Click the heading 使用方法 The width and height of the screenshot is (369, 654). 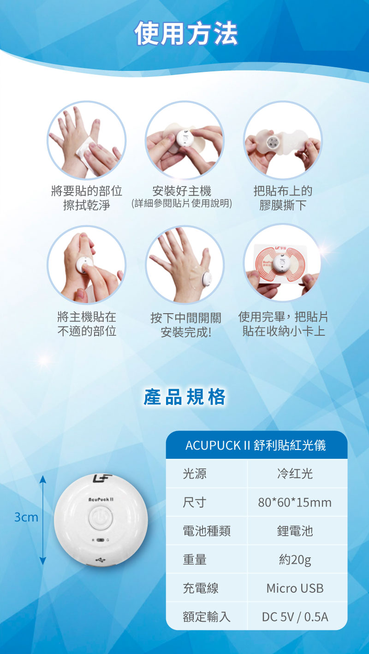click(186, 34)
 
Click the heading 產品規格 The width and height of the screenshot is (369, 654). click(184, 397)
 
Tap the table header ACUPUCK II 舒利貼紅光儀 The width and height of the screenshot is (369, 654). click(256, 445)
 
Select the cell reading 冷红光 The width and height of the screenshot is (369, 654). click(295, 473)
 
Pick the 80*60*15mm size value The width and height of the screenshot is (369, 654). click(295, 502)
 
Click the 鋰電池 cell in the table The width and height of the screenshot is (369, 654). click(295, 531)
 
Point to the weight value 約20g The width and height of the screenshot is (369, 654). click(295, 560)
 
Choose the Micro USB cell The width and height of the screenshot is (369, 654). click(295, 588)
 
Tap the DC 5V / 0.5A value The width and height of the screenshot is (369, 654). click(295, 617)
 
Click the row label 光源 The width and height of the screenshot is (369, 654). click(195, 473)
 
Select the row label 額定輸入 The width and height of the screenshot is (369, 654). click(207, 617)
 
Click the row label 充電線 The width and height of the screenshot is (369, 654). click(201, 588)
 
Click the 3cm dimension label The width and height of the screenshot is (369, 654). click(26, 517)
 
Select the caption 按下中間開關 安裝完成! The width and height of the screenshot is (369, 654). click(185, 324)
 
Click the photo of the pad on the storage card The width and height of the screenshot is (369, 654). click(282, 263)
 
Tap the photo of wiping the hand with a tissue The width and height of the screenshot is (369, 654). click(86, 140)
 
